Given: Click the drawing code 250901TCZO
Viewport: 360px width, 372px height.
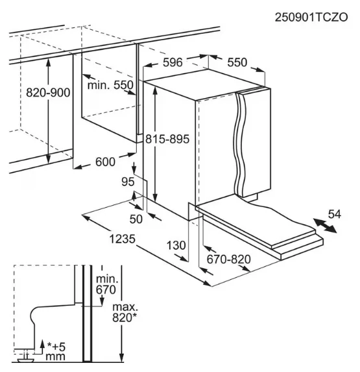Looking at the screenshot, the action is [311, 17].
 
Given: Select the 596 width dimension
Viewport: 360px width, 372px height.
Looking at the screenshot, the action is [173, 62].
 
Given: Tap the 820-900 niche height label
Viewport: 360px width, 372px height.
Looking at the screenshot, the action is [48, 92].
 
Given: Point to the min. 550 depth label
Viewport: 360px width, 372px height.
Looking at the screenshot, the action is [110, 84].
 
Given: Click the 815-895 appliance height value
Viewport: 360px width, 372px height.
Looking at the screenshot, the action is [167, 139].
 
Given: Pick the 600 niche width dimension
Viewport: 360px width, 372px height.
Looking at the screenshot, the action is [105, 162].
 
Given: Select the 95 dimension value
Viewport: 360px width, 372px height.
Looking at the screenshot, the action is [128, 182].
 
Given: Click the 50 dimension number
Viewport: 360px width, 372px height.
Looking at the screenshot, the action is [136, 219].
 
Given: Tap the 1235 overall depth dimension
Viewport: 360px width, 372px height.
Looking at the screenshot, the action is [123, 239].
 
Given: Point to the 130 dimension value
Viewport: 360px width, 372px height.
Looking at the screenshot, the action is [176, 245].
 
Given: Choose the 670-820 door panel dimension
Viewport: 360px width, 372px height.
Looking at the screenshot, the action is [229, 259].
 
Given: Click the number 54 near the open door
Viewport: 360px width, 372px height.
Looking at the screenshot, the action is [335, 214].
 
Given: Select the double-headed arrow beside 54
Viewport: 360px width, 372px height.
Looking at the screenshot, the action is [325, 226].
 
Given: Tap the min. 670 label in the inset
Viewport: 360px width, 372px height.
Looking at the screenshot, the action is [106, 284].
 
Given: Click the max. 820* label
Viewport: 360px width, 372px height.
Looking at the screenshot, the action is [125, 312].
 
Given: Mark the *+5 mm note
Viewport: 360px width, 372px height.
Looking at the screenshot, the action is [55, 352].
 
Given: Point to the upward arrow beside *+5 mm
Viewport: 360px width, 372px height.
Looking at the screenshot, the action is [42, 347].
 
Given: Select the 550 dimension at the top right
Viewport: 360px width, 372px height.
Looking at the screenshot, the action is [237, 62].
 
